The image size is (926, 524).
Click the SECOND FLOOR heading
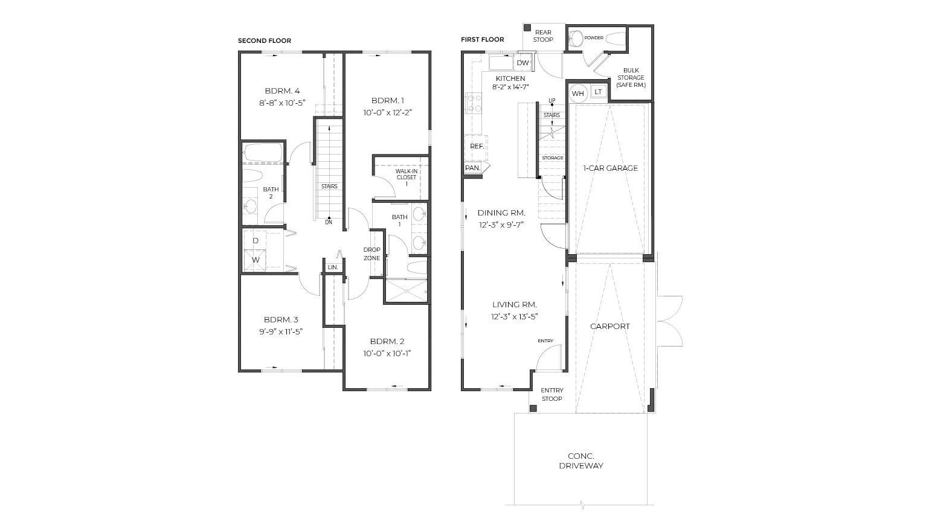pyautogui.click(x=265, y=40)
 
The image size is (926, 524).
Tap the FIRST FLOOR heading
pyautogui.click(x=483, y=39)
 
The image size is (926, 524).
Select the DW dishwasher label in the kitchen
pyautogui.click(x=522, y=63)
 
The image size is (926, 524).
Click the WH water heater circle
pyautogui.click(x=577, y=94)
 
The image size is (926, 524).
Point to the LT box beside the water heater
pyautogui.click(x=598, y=92)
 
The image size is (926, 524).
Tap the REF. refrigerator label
pyautogui.click(x=477, y=146)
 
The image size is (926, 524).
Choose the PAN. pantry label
pyautogui.click(x=472, y=168)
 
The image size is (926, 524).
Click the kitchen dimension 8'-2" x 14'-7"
pyautogui.click(x=510, y=87)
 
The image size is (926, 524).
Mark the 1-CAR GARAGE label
pyautogui.click(x=610, y=168)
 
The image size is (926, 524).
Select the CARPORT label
pyautogui.click(x=609, y=326)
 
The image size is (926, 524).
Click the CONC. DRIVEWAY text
pyautogui.click(x=581, y=461)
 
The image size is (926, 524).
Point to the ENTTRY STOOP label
pyautogui.click(x=552, y=394)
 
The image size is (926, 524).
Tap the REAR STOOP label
pyautogui.click(x=543, y=36)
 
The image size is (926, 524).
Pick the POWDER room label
pyautogui.click(x=594, y=37)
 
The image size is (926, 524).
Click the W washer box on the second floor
pyautogui.click(x=256, y=260)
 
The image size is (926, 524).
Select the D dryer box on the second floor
pyautogui.click(x=256, y=240)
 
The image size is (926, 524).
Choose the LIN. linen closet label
pyautogui.click(x=333, y=267)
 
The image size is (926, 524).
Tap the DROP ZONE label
pyautogui.click(x=371, y=254)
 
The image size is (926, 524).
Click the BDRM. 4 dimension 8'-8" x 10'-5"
pyautogui.click(x=282, y=103)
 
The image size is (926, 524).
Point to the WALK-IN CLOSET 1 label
pyautogui.click(x=407, y=177)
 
